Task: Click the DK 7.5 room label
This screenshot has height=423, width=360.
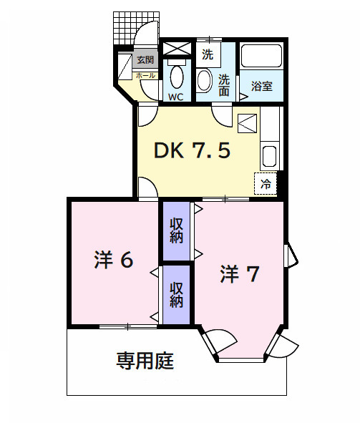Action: tap(193, 151)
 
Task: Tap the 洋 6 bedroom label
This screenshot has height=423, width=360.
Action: tap(114, 261)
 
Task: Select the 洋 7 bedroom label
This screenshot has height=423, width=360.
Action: tap(239, 274)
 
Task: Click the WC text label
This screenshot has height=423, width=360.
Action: tap(176, 95)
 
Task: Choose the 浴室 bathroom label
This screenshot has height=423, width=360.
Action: tap(261, 87)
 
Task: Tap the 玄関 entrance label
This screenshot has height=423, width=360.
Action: tap(145, 60)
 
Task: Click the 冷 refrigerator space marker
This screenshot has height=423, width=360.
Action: tap(266, 184)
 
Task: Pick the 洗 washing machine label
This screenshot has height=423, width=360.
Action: tap(207, 54)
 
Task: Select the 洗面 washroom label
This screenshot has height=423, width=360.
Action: tap(224, 85)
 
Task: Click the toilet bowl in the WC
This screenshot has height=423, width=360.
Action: tap(177, 75)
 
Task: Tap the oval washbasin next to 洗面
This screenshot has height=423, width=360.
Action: tap(203, 80)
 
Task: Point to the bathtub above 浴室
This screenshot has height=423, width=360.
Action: tap(261, 57)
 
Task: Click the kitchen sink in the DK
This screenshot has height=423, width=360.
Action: tap(270, 156)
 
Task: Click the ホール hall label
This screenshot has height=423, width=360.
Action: tap(145, 75)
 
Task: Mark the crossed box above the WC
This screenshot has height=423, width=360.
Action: tap(175, 49)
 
